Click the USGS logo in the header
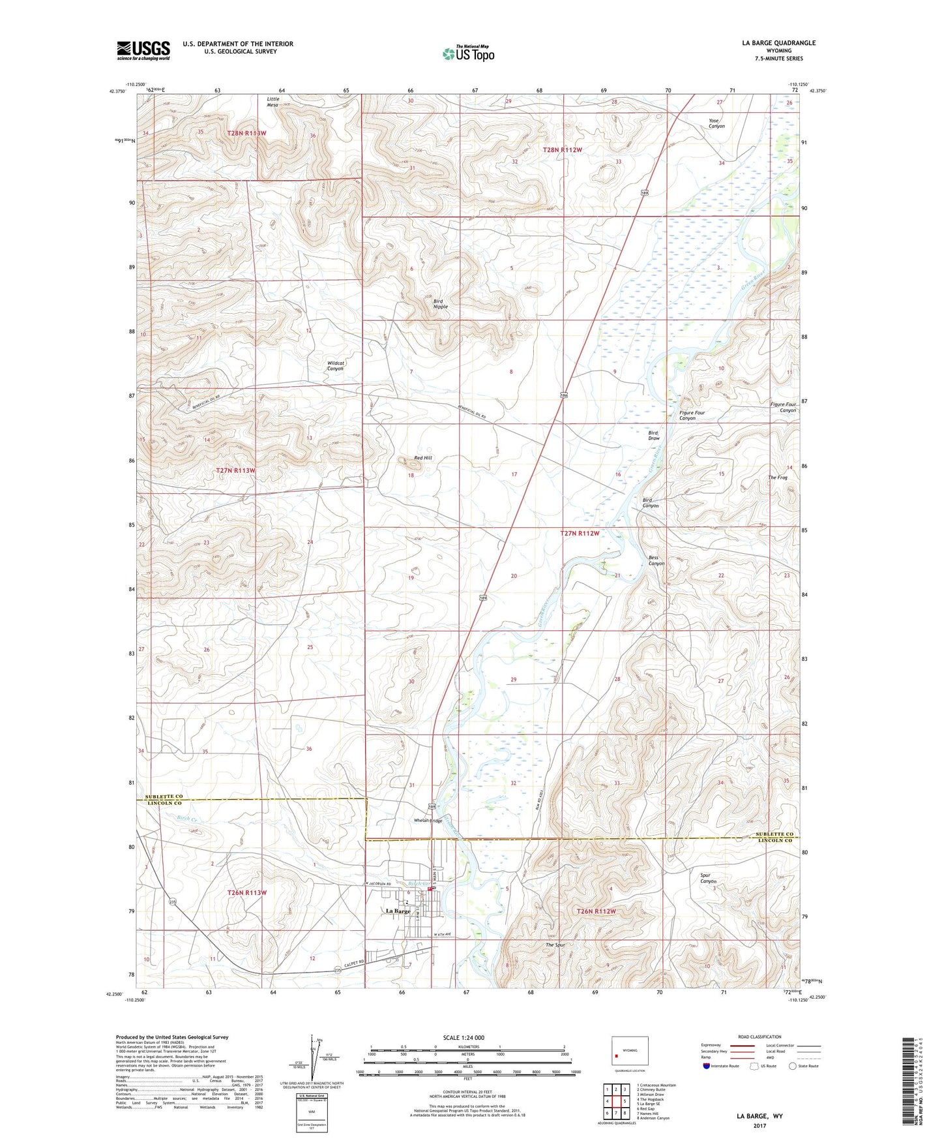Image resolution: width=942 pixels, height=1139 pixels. click(x=143, y=50)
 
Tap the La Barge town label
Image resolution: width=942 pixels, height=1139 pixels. click(x=398, y=911)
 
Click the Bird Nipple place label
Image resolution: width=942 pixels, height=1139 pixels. click(x=441, y=303)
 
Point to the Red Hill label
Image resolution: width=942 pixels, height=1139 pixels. click(x=423, y=458)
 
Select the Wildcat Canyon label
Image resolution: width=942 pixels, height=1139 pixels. click(x=335, y=366)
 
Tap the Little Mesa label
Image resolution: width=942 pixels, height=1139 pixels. click(x=272, y=102)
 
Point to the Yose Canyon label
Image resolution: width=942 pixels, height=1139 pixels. click(x=716, y=123)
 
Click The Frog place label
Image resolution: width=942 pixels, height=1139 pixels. click(x=777, y=478)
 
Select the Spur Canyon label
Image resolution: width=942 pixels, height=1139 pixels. click(x=709, y=878)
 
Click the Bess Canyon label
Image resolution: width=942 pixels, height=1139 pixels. click(x=656, y=560)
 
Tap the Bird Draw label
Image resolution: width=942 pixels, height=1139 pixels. click(x=653, y=435)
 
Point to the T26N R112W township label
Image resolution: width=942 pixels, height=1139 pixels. click(x=596, y=911)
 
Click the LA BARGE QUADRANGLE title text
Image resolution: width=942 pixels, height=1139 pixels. click(x=778, y=42)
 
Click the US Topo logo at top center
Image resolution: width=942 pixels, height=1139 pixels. click(x=468, y=53)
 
